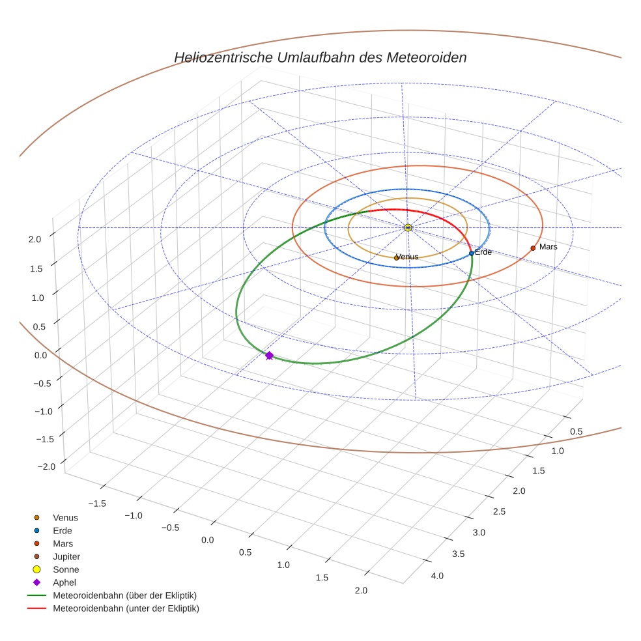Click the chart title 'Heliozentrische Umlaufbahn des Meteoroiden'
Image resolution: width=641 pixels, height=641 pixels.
320,57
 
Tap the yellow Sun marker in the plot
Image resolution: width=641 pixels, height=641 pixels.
408,227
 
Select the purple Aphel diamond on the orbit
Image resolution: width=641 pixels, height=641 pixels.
269,355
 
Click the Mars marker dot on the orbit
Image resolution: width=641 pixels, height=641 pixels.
533,248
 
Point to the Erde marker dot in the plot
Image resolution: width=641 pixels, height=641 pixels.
472,253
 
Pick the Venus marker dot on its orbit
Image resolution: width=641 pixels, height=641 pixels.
396,258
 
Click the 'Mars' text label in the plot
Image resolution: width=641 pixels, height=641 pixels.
548,247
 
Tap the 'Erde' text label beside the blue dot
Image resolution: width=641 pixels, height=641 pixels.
483,252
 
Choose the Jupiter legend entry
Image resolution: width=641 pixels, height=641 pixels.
66,556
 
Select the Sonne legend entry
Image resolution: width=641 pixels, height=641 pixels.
66,569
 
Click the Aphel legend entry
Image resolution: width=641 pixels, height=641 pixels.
64,582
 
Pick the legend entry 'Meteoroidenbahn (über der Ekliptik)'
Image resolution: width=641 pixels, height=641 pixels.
124,595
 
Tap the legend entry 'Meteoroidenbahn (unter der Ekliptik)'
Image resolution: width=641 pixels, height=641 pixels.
126,608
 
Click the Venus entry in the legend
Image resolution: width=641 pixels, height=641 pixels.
65,517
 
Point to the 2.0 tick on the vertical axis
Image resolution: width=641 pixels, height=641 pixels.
35,239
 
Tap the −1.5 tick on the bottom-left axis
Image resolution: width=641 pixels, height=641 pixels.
96,503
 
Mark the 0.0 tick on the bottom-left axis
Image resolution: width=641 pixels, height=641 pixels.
208,540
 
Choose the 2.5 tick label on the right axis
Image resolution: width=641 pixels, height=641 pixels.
499,511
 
